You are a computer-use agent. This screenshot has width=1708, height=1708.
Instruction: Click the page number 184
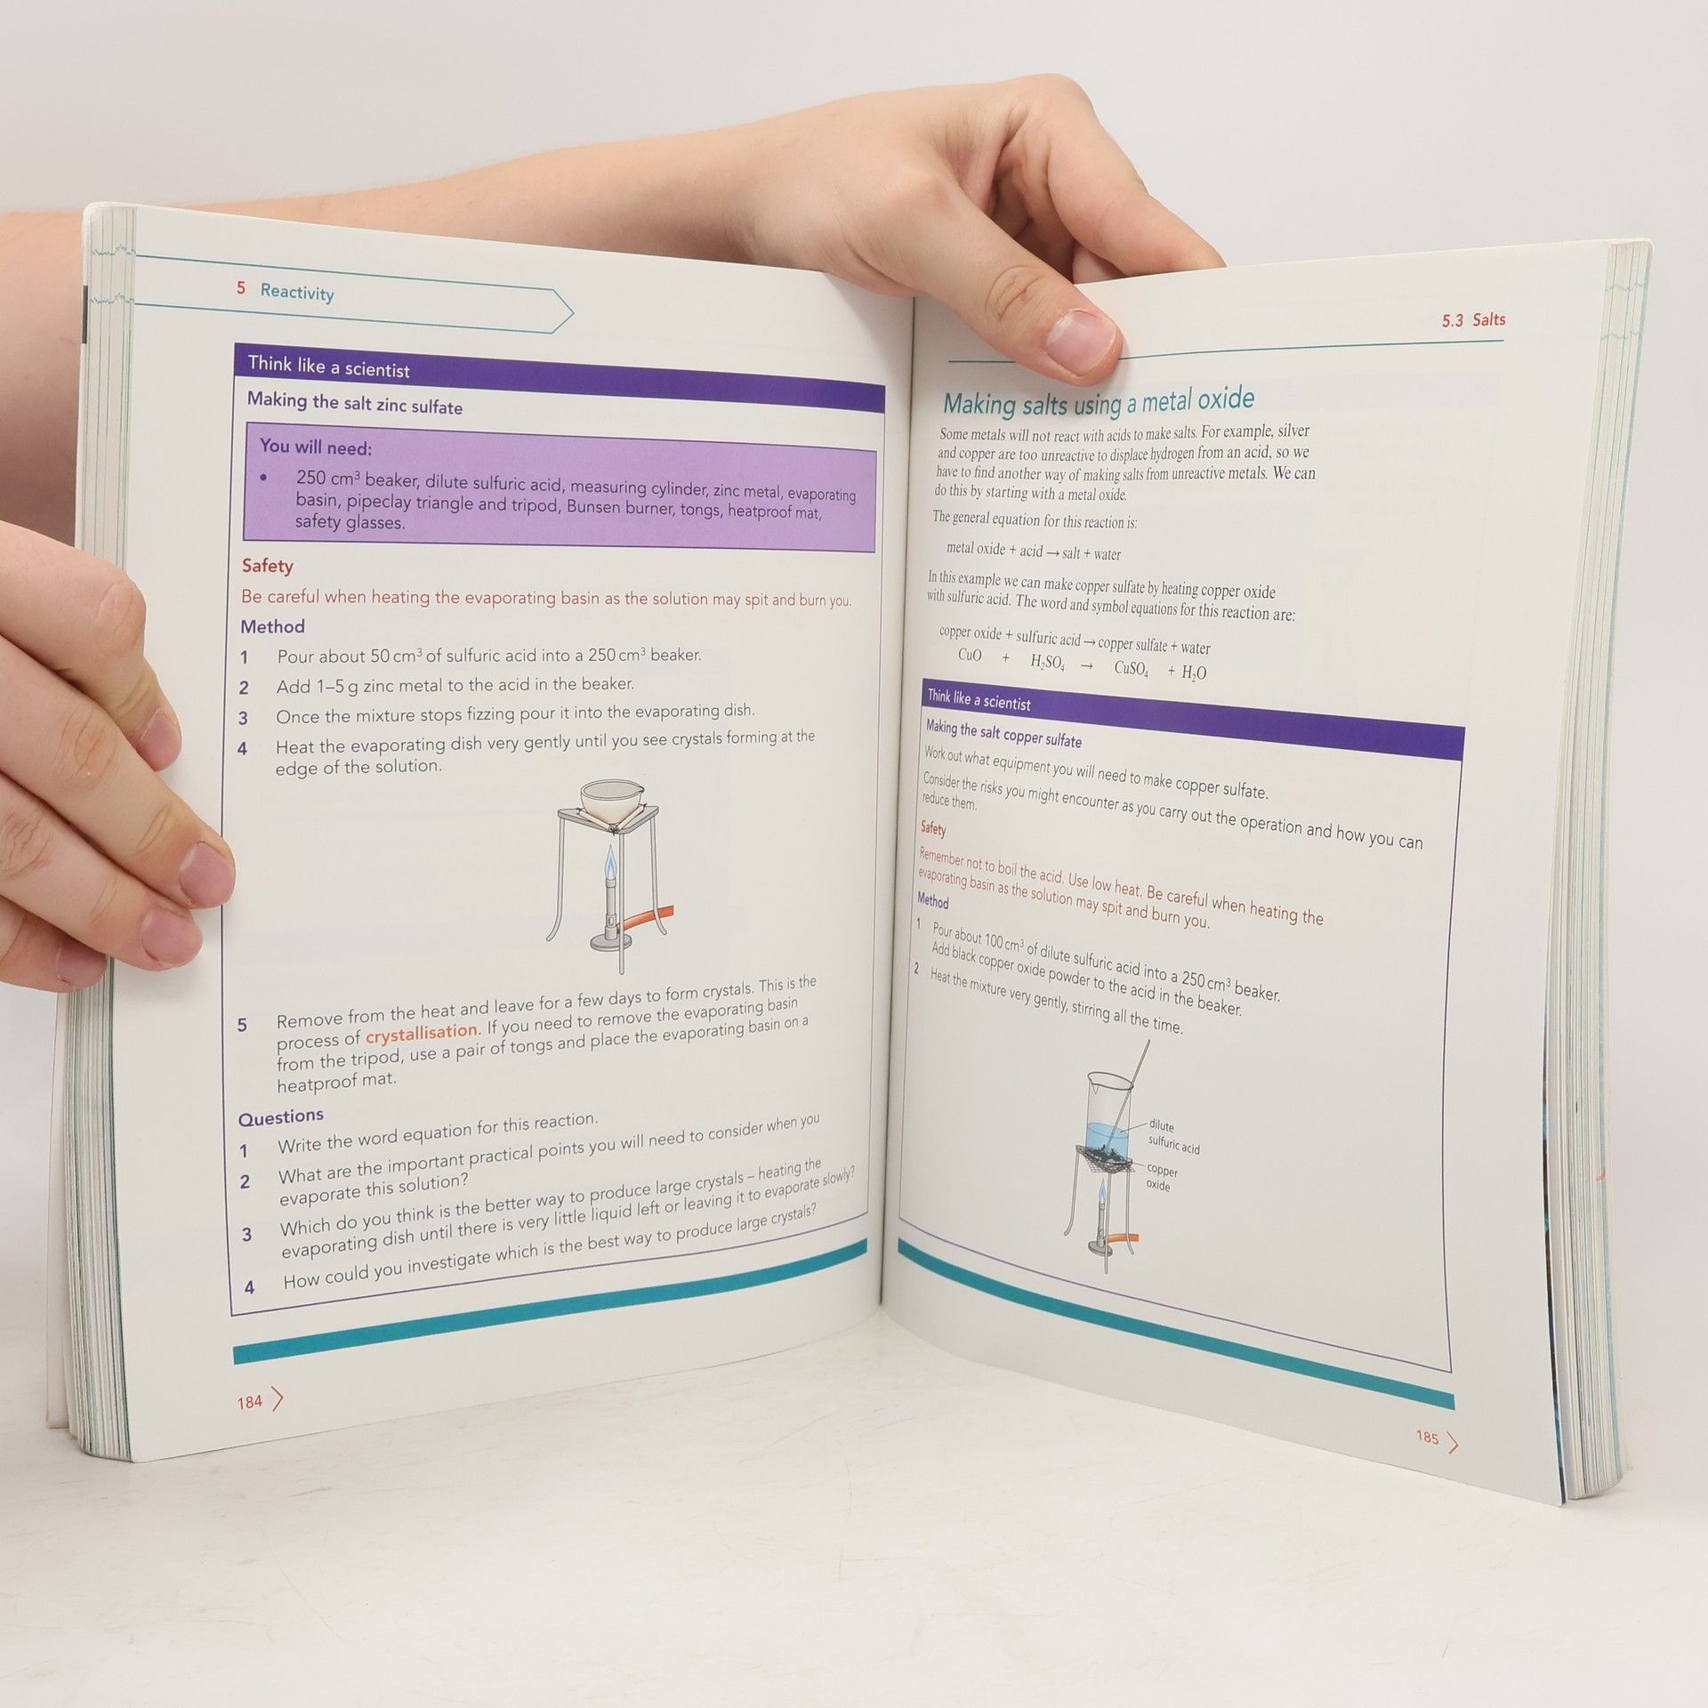click(x=249, y=1402)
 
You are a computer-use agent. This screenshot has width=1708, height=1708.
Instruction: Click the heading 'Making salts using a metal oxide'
click(x=1099, y=402)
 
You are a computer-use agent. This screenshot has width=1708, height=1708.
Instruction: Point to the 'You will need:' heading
click(x=316, y=447)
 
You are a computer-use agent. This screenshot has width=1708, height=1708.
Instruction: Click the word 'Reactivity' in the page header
click(x=297, y=292)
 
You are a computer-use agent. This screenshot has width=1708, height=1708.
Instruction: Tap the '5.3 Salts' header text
click(x=1473, y=319)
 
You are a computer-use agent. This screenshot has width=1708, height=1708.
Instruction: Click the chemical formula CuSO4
click(x=1131, y=668)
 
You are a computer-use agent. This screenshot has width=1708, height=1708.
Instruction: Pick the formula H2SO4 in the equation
click(x=1047, y=663)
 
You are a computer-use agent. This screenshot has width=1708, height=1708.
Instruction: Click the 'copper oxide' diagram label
click(x=1160, y=1178)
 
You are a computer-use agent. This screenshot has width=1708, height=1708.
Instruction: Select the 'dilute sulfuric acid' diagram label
click(x=1173, y=1137)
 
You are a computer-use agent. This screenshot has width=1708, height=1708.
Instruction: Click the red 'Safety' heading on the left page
click(x=267, y=566)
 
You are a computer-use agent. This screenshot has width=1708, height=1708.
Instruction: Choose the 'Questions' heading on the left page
click(x=281, y=1116)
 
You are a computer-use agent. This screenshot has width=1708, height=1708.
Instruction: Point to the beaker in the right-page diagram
click(x=1110, y=1116)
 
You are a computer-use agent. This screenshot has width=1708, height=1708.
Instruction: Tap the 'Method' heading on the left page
click(x=272, y=626)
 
